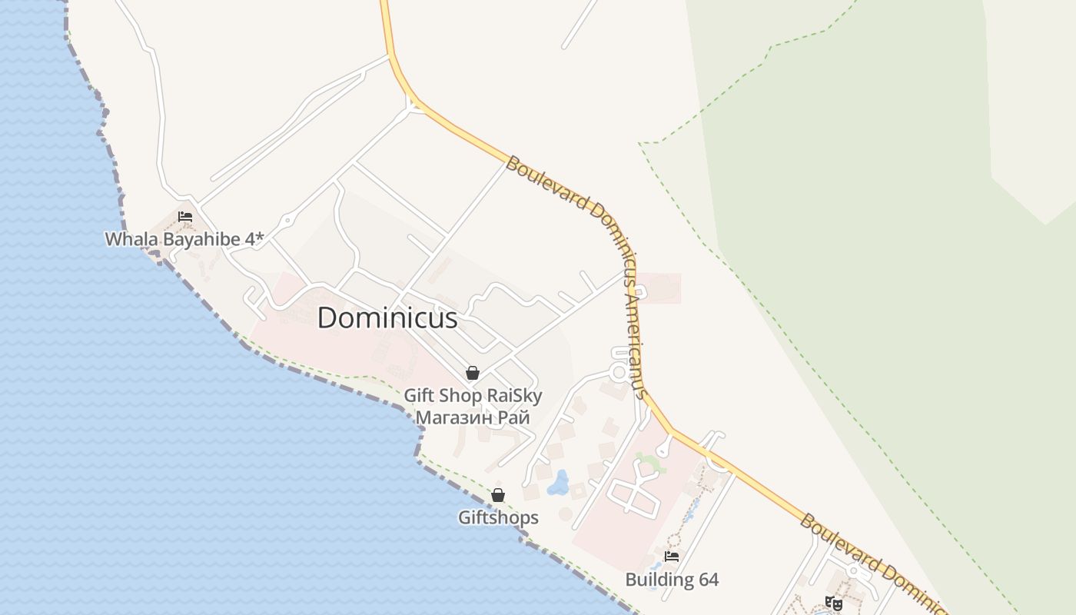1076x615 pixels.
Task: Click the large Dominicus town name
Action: coord(387,317)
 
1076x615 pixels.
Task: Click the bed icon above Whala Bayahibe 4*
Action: coord(185,217)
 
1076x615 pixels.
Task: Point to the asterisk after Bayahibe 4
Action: coord(260,238)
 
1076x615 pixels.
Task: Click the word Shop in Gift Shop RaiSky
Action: coord(463,396)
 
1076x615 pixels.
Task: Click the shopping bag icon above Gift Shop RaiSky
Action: coord(473,373)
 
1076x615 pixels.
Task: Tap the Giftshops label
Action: coord(498,517)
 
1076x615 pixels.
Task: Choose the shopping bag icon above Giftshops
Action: coord(498,495)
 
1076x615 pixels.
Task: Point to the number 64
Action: coord(708,580)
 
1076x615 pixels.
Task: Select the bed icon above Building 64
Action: coord(672,556)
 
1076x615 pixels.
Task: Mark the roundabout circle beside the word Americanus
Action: coord(619,372)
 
